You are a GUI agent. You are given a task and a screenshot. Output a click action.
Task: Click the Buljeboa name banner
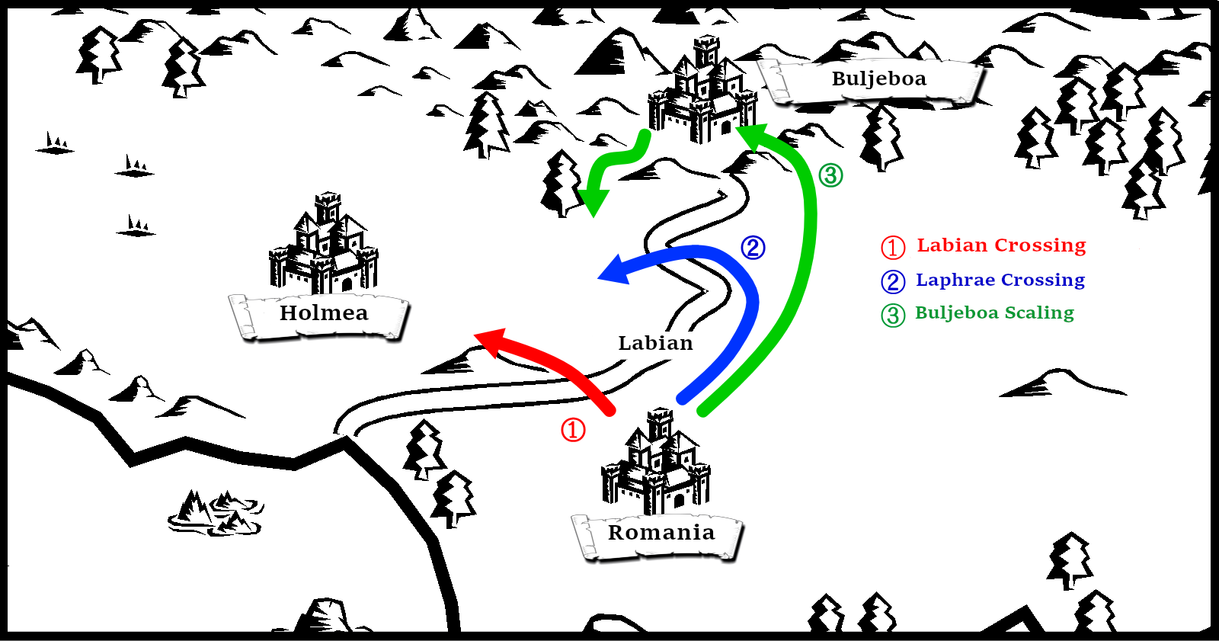[878, 79]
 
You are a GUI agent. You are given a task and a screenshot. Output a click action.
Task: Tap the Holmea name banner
[323, 313]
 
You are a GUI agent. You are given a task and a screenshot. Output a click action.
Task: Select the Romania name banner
[661, 533]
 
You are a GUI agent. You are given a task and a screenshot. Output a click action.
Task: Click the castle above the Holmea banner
[324, 245]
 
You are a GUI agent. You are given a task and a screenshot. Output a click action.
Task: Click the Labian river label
[655, 343]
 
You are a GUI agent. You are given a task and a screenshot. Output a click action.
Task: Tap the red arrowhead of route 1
[490, 342]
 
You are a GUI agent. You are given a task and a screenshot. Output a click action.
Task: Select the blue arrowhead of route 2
[615, 270]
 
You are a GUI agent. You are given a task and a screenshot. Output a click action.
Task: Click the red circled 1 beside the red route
[573, 430]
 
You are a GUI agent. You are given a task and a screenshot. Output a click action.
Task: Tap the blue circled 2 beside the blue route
[753, 248]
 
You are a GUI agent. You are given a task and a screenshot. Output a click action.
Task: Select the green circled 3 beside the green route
[830, 175]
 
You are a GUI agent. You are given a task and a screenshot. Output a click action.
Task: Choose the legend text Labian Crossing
[1001, 245]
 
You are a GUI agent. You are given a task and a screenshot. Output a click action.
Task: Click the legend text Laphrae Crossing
[1000, 280]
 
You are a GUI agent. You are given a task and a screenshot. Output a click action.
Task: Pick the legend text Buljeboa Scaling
[994, 313]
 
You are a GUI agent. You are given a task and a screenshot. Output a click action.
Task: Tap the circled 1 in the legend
[893, 247]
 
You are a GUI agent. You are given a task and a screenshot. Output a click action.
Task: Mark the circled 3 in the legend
[893, 315]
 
